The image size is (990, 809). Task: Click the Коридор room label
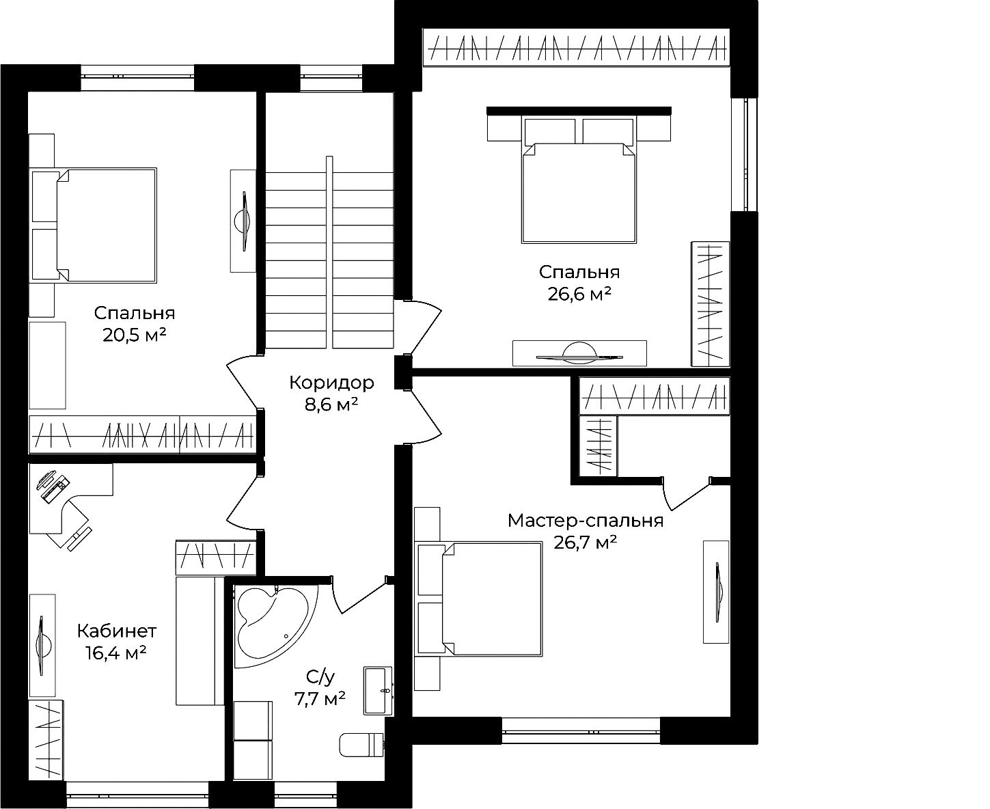pyautogui.click(x=331, y=383)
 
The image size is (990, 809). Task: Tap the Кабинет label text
pyautogui.click(x=116, y=631)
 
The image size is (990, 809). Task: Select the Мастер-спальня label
pyautogui.click(x=586, y=520)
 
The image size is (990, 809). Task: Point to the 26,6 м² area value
pyautogui.click(x=579, y=294)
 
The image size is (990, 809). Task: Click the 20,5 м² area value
pyautogui.click(x=134, y=335)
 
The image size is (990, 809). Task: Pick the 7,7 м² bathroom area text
pyautogui.click(x=320, y=699)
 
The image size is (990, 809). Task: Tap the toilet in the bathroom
pyautogui.click(x=361, y=745)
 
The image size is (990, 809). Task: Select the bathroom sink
pyautogui.click(x=378, y=690)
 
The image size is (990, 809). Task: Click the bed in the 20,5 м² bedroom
pyautogui.click(x=93, y=225)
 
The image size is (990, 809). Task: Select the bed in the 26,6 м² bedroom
pyautogui.click(x=579, y=180)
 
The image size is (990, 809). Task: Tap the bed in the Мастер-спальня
pyautogui.click(x=478, y=599)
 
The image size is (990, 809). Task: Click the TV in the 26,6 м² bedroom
pyautogui.click(x=579, y=353)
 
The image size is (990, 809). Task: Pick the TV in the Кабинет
pyautogui.click(x=42, y=646)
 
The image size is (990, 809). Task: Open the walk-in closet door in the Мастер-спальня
pyautogui.click(x=686, y=494)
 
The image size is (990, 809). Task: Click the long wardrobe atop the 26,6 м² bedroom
pyautogui.click(x=577, y=47)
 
